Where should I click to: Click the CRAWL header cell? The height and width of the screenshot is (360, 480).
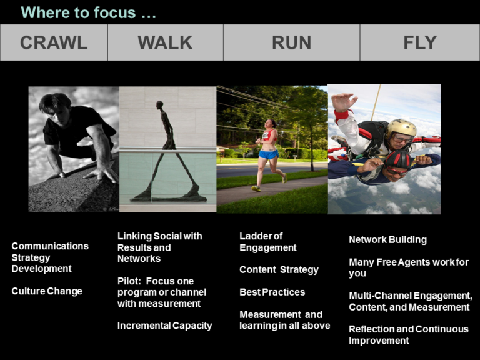[x=54, y=42]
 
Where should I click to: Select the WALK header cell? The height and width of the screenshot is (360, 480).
[x=165, y=42]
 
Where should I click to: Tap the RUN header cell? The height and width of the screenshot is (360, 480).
[x=291, y=42]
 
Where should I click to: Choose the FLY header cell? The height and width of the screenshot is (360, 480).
[x=420, y=42]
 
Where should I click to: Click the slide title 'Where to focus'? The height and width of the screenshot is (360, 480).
[x=89, y=12]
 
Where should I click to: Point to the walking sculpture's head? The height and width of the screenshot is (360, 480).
[x=159, y=105]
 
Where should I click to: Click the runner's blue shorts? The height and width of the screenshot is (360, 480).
[x=269, y=154]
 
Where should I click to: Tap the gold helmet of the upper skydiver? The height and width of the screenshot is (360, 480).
[x=401, y=129]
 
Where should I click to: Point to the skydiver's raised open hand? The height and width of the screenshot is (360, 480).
[x=344, y=102]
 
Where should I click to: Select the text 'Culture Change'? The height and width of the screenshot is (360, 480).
[x=47, y=291]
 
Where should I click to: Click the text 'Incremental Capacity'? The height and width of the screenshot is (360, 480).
[x=165, y=326]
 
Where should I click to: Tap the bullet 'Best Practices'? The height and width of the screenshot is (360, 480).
[x=272, y=292]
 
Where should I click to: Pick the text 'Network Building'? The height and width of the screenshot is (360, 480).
[x=388, y=240]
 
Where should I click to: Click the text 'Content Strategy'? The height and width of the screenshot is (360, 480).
[x=279, y=270]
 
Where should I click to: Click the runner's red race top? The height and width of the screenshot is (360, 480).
[x=268, y=135]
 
